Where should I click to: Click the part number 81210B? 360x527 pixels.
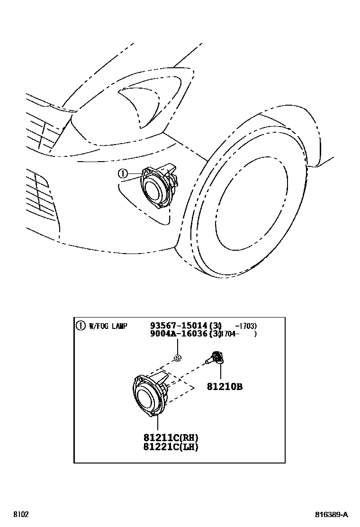coord(224,387)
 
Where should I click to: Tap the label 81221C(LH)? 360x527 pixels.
coord(171,446)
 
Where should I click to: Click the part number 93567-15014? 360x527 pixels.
coord(179,326)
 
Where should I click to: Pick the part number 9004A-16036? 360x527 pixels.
coord(179,334)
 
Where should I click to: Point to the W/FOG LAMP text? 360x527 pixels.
coord(108,326)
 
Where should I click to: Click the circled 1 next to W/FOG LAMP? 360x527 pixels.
coord(81,326)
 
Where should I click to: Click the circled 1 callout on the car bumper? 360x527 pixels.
coord(123,174)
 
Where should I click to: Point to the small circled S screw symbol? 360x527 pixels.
coord(178,358)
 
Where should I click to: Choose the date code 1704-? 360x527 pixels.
coord(230,334)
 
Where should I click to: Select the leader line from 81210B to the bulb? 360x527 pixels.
coord(221,373)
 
